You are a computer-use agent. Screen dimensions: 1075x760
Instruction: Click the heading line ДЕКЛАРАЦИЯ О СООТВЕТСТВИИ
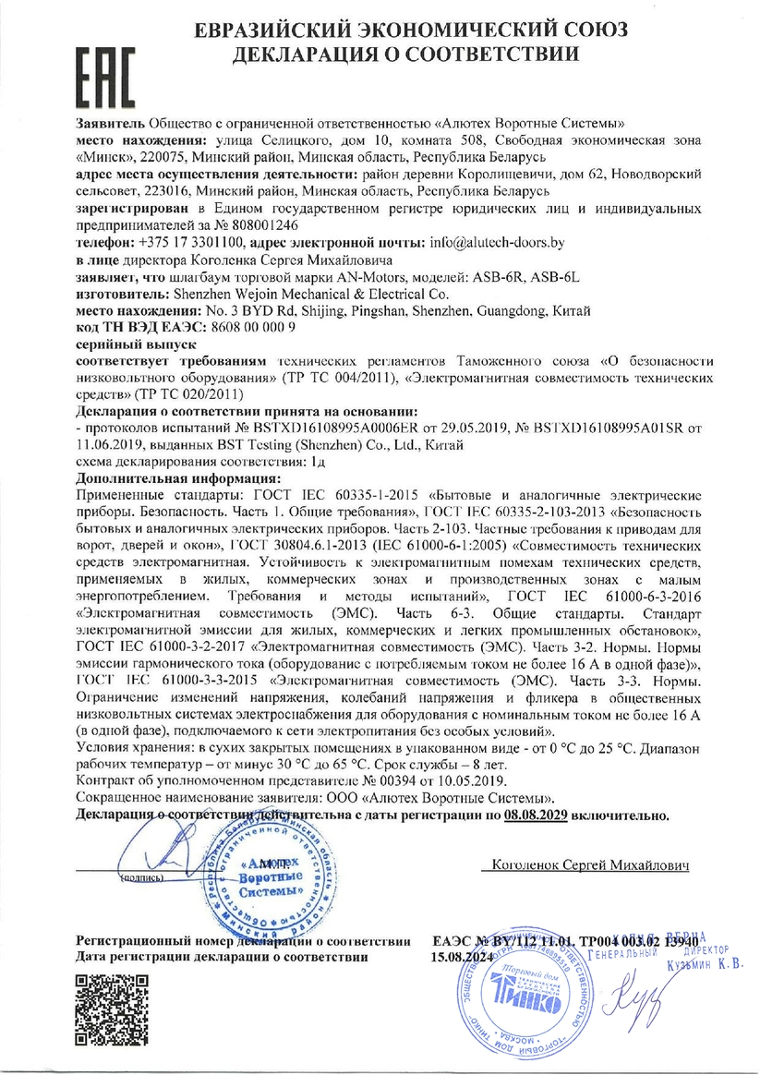[405, 54]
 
